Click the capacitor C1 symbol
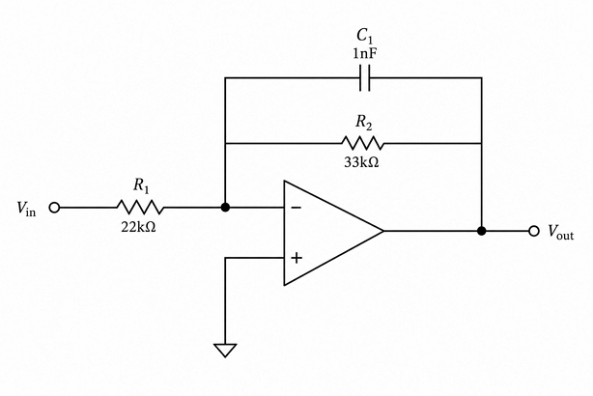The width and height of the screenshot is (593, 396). (x=365, y=78)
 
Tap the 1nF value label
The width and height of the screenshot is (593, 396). (x=365, y=54)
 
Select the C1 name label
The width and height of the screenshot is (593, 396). (x=365, y=36)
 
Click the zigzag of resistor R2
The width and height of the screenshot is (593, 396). (x=362, y=143)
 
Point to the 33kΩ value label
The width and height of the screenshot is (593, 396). (x=361, y=162)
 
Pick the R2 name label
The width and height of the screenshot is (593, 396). (x=363, y=122)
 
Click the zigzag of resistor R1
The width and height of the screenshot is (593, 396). (x=140, y=208)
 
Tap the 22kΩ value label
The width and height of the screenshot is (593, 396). (x=138, y=227)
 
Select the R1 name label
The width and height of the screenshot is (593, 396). (x=141, y=185)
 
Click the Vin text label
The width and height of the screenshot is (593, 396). (x=26, y=209)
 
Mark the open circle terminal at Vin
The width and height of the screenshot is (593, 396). (x=55, y=208)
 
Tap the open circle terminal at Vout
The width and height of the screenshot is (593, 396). (x=534, y=231)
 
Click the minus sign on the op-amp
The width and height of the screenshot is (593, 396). (x=296, y=208)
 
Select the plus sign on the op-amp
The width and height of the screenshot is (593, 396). (x=296, y=258)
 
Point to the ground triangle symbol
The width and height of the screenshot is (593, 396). (x=225, y=350)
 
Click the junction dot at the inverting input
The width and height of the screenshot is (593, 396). (x=225, y=208)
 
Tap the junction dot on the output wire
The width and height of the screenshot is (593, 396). (x=481, y=231)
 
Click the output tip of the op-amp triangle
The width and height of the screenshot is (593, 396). (x=383, y=231)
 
